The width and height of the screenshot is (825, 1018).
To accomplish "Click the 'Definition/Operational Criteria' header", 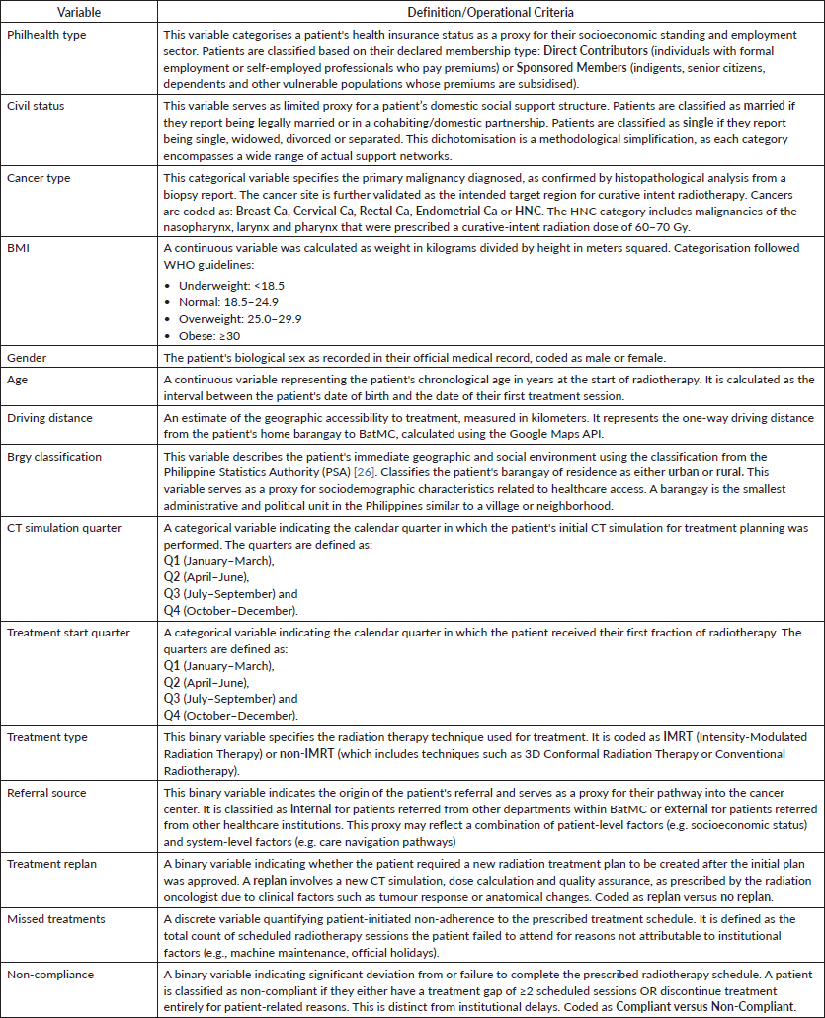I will pos(490,14).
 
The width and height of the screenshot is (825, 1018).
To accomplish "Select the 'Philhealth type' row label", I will pos(46,34).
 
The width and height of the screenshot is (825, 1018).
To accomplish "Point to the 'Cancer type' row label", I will pos(40,177).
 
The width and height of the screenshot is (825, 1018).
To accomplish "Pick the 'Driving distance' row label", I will pos(49,418).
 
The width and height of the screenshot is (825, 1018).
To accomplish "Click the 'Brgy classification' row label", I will pos(56,457).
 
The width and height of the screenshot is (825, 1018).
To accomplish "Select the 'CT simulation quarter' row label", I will pos(64,528).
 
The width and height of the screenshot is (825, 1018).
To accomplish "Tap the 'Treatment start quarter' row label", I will pos(69,633).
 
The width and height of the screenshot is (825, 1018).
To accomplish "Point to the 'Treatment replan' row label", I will pos(52,864).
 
